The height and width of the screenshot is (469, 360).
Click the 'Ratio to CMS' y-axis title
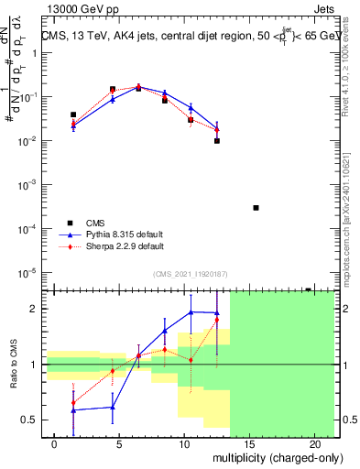click(x=14, y=365)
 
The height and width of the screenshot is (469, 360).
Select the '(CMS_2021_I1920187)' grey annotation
click(x=190, y=273)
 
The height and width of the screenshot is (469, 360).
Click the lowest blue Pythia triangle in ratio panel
click(x=73, y=410)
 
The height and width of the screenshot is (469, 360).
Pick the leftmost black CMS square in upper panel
click(x=73, y=115)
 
